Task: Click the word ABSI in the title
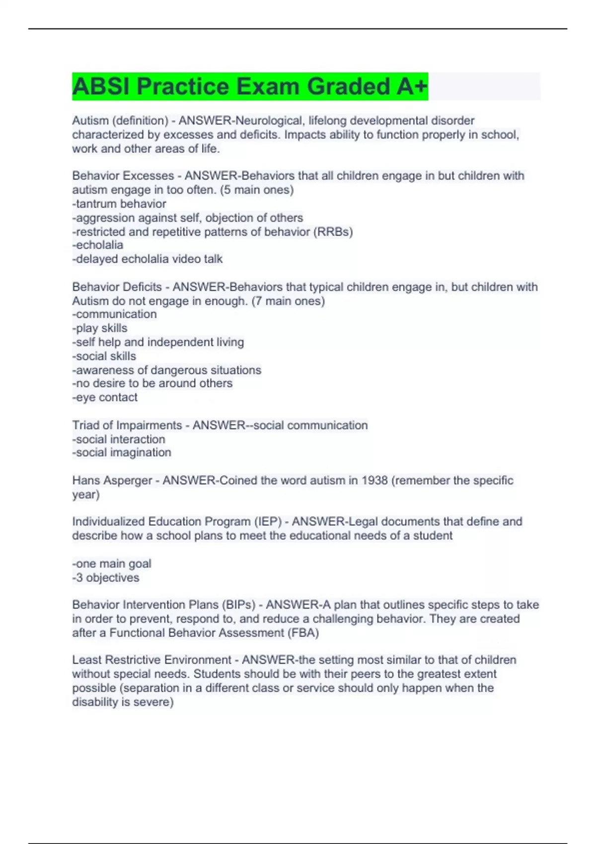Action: click(101, 86)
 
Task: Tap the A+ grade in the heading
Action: click(412, 86)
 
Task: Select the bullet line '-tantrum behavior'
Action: click(119, 204)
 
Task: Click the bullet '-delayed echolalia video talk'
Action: click(148, 259)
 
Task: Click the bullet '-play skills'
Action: click(100, 328)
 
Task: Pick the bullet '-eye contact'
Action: click(105, 397)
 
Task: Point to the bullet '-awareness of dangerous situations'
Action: click(167, 370)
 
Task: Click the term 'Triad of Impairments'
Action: click(127, 425)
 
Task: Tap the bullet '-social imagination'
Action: click(122, 452)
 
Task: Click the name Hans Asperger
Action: click(112, 481)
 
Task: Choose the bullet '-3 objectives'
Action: click(106, 578)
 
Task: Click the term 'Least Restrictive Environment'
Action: click(151, 660)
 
